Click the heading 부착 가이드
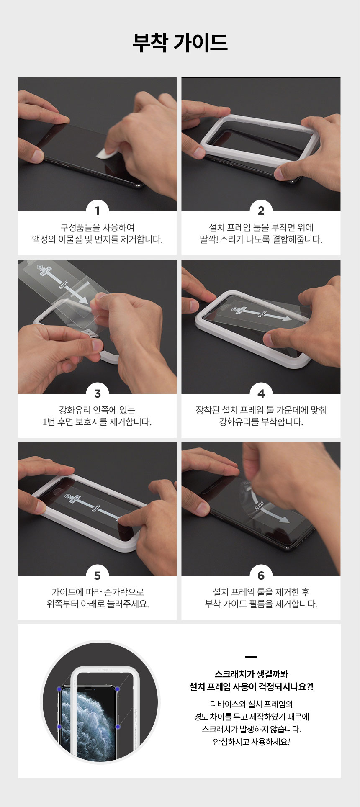[180, 42]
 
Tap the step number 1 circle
[97, 210]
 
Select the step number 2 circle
[261, 210]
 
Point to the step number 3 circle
[97, 393]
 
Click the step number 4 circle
[261, 393]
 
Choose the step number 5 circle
[97, 576]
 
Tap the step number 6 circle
[261, 576]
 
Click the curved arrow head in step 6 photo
[283, 519]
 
